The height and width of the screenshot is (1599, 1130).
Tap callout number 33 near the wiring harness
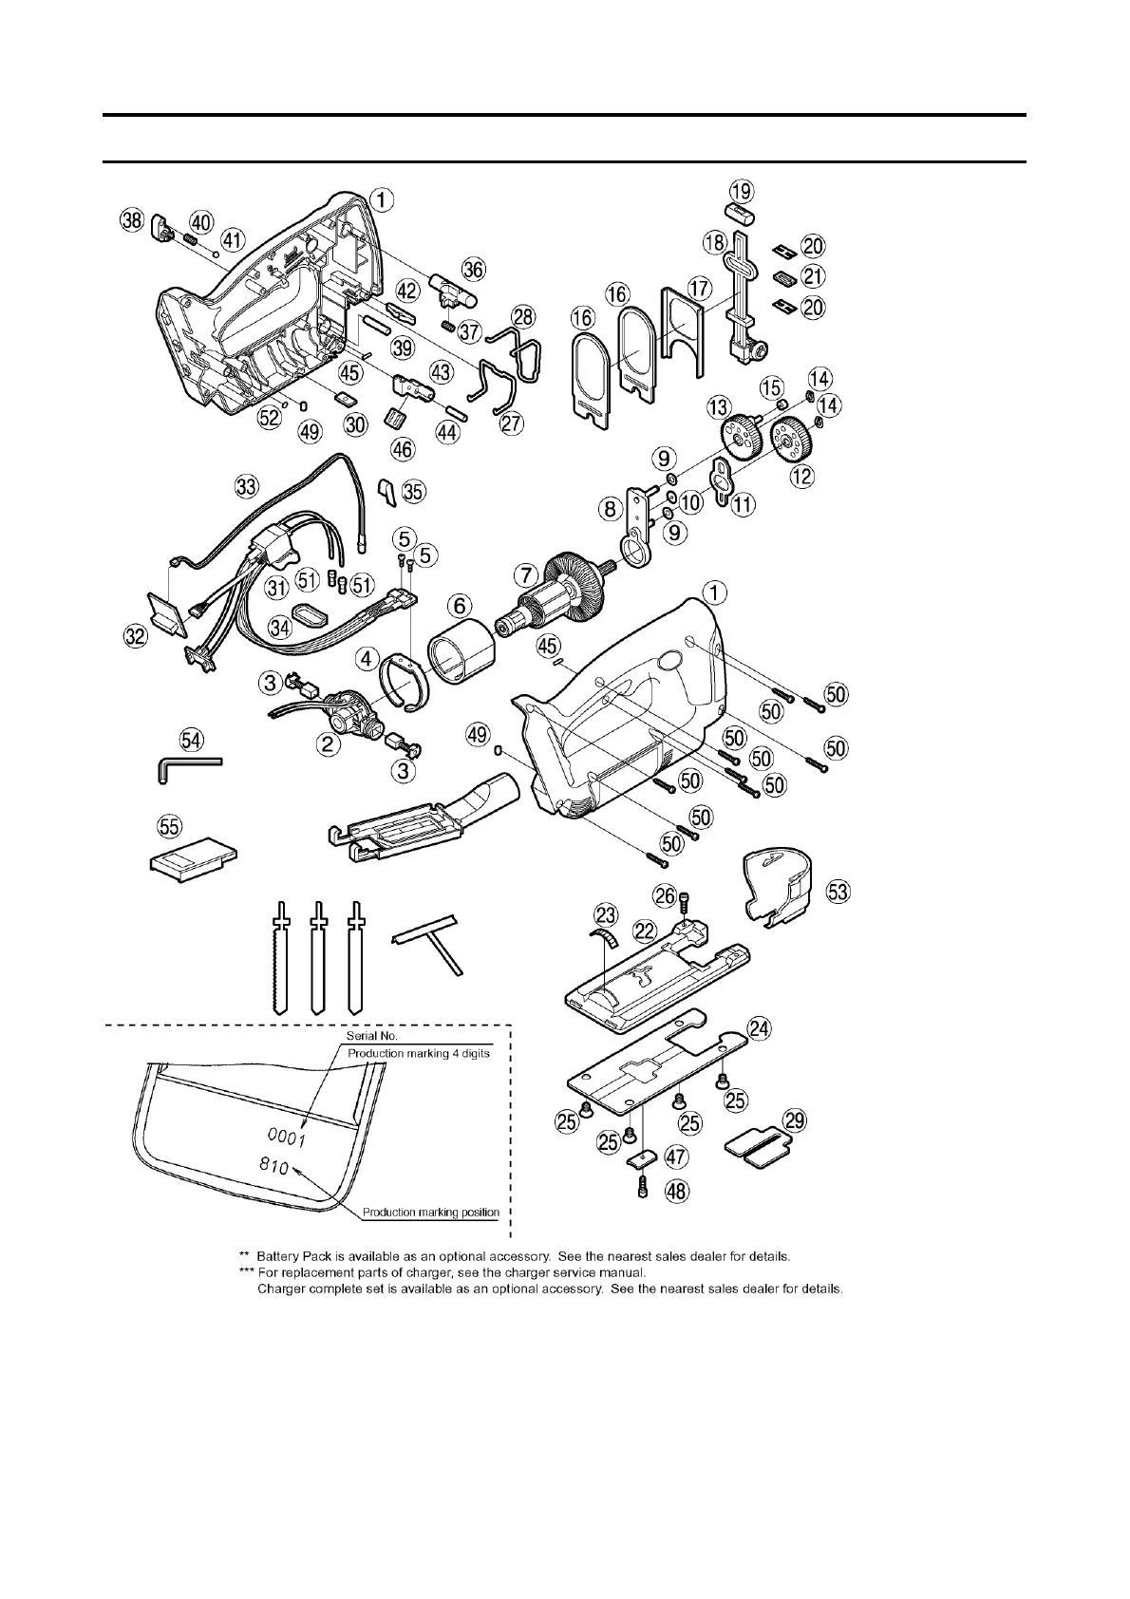tap(247, 488)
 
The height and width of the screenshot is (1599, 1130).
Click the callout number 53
tap(838, 893)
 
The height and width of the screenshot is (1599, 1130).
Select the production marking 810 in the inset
tap(274, 1165)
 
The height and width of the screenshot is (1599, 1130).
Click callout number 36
tap(473, 270)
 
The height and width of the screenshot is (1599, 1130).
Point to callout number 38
tap(131, 221)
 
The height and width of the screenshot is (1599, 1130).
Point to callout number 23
tap(606, 915)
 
